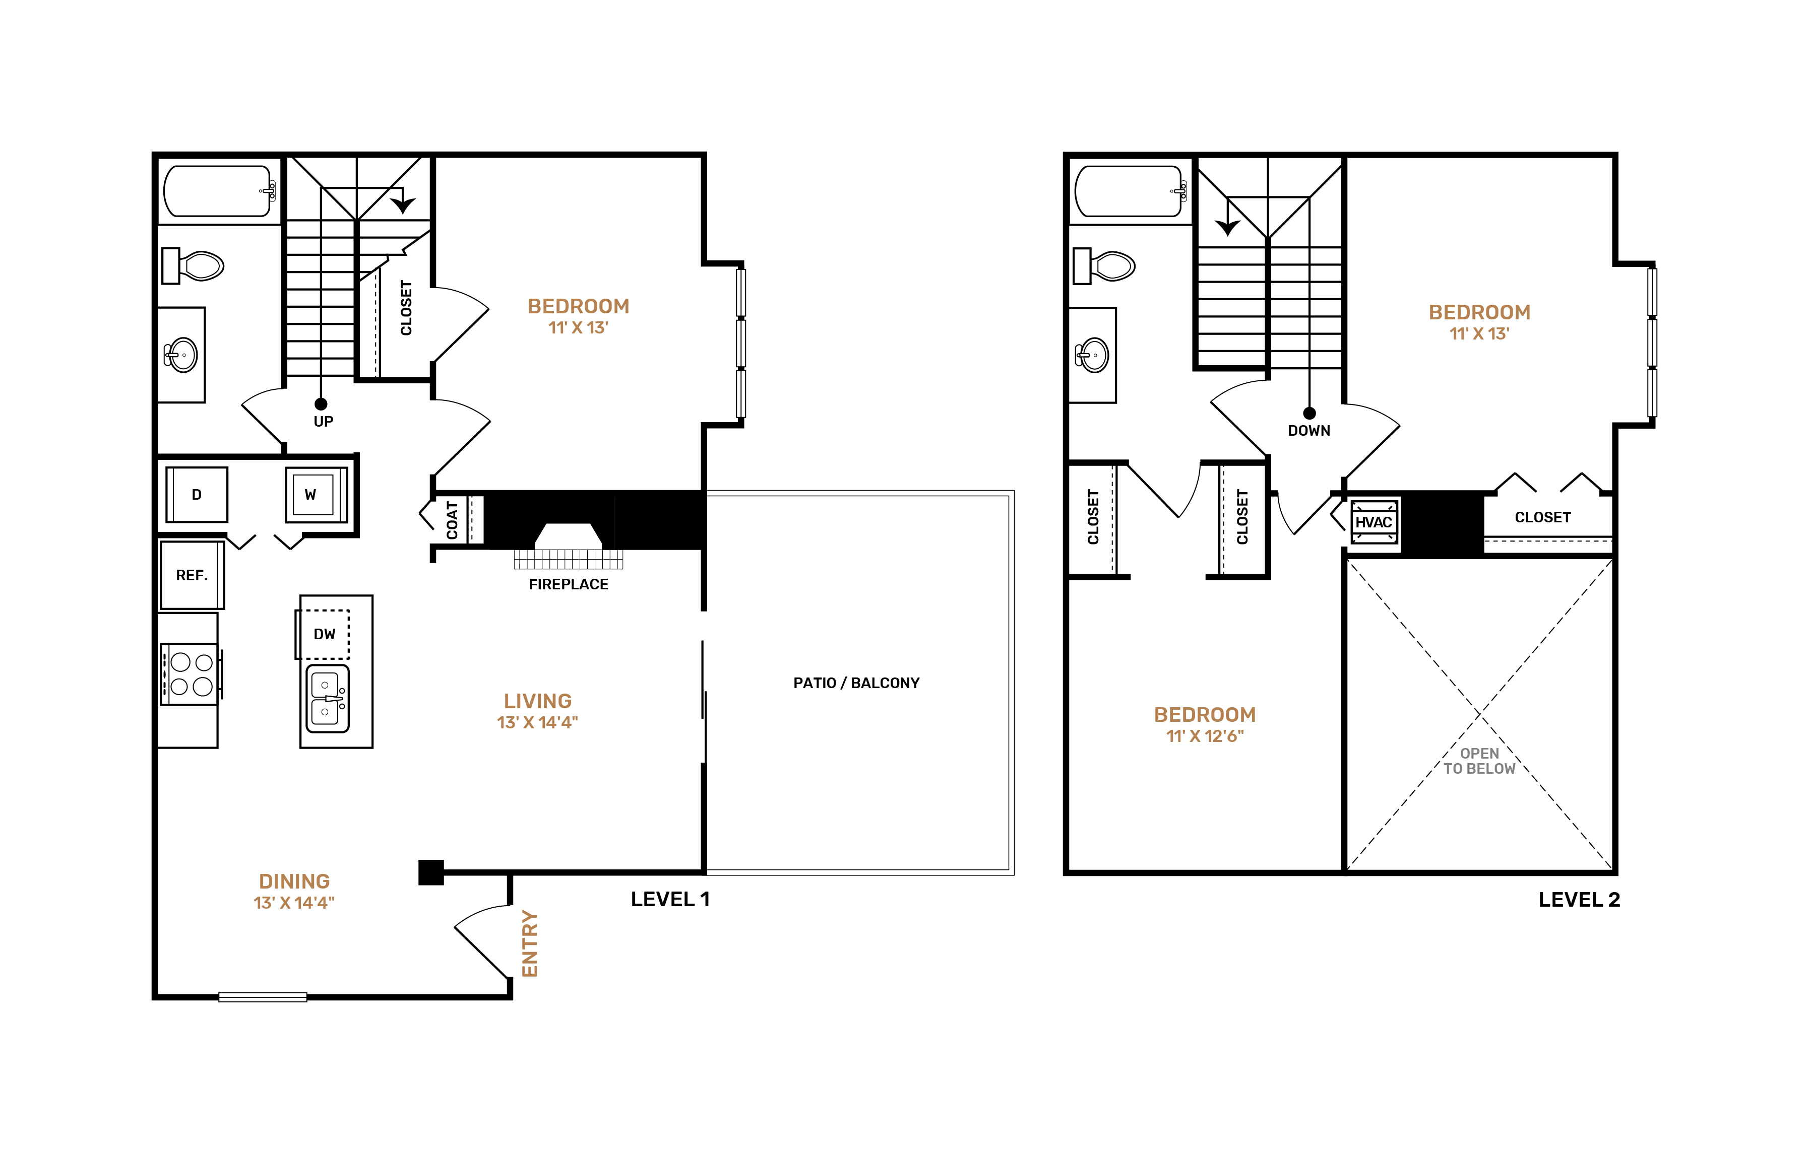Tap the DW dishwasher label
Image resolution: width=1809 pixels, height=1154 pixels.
(325, 635)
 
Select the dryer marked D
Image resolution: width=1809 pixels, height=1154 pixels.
(196, 495)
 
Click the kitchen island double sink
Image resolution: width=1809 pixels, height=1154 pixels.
(328, 698)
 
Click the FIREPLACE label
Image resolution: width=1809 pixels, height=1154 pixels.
(569, 584)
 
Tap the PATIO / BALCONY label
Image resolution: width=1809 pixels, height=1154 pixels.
(856, 683)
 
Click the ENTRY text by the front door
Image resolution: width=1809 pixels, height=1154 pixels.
(530, 944)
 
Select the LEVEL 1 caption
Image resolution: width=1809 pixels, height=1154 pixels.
(670, 900)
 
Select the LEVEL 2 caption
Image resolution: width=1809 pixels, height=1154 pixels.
(1579, 900)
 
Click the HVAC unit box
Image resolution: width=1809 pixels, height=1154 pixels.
(1374, 522)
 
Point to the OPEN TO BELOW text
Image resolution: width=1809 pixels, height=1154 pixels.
(1479, 761)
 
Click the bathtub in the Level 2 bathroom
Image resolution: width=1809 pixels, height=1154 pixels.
(1130, 191)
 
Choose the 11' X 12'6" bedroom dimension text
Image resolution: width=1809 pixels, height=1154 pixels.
(1205, 736)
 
